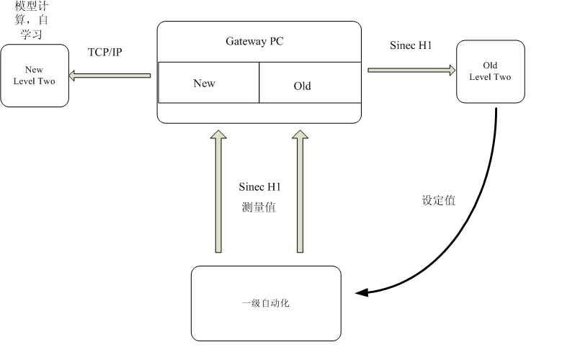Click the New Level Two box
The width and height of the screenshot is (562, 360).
tap(34, 76)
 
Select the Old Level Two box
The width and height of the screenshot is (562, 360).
tap(490, 71)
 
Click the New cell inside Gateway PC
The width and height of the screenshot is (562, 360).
tap(205, 83)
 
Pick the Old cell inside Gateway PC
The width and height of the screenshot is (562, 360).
tap(303, 86)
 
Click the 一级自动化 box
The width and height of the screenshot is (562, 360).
tap(265, 303)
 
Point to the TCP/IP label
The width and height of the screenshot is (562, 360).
tap(105, 53)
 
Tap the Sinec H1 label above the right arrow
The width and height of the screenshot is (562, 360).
tap(411, 45)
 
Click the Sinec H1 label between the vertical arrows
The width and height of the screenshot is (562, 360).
tap(259, 186)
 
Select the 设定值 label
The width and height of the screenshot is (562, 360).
tap(439, 201)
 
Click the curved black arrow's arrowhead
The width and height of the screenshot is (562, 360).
tap(362, 292)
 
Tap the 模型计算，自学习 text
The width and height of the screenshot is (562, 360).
tap(34, 19)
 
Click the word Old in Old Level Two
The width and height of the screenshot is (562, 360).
tap(490, 66)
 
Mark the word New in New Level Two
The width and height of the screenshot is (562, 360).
tap(34, 71)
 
